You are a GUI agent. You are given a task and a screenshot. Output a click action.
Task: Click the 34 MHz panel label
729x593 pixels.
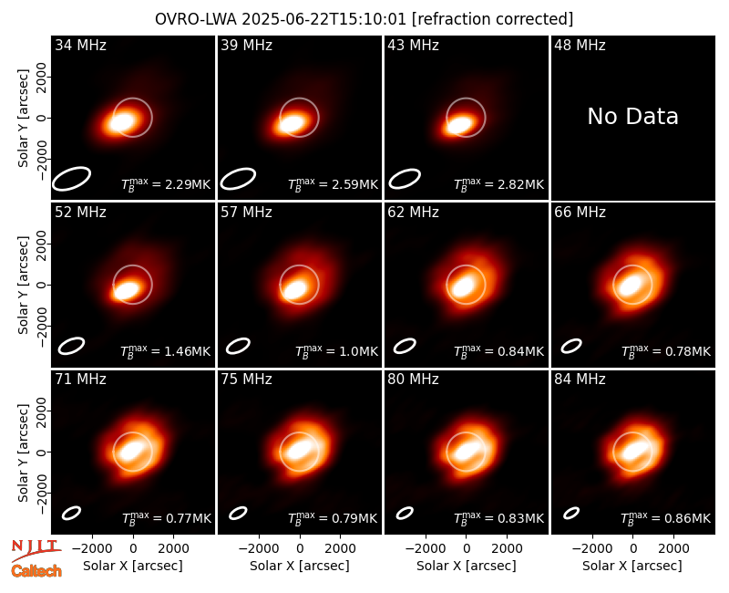click(80, 45)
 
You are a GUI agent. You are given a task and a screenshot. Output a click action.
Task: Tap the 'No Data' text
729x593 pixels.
click(632, 116)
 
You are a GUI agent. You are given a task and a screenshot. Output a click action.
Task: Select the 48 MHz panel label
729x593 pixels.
click(580, 45)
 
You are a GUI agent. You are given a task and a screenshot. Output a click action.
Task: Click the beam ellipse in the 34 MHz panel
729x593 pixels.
click(71, 179)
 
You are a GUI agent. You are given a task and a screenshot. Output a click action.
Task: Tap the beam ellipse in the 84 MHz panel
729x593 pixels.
click(571, 513)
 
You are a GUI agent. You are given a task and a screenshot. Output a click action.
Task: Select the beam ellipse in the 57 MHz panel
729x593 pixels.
click(238, 346)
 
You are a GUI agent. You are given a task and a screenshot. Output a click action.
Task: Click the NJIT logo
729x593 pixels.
click(36, 549)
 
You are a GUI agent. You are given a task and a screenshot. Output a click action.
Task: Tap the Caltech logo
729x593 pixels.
click(36, 571)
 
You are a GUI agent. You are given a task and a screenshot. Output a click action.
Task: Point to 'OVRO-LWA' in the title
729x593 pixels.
click(196, 19)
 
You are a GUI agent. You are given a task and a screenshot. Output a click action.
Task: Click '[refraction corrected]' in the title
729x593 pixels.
click(492, 19)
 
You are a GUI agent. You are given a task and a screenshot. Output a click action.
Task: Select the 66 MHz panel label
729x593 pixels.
click(580, 213)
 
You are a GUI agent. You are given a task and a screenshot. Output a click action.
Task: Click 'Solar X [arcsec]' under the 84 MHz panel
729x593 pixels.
click(632, 566)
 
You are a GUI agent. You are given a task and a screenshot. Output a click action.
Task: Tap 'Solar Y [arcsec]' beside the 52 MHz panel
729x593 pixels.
click(23, 285)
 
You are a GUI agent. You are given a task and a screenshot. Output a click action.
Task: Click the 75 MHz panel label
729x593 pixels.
click(246, 380)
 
